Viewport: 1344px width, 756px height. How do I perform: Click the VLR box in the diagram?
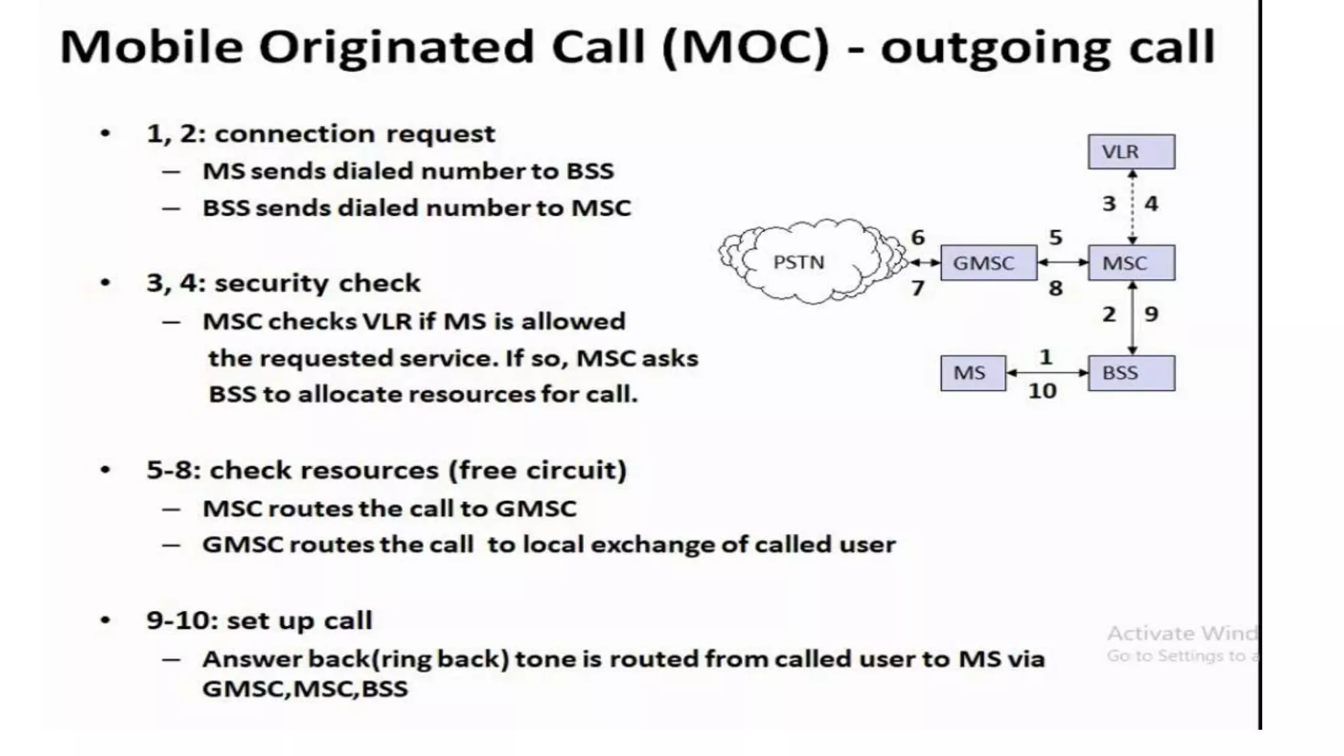pos(1131,152)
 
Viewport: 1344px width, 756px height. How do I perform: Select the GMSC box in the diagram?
pos(988,262)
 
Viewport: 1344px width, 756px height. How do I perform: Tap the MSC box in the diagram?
pos(1131,262)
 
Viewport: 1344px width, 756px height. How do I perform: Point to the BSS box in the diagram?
pos(1131,373)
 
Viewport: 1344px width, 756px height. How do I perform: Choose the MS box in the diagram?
pos(972,373)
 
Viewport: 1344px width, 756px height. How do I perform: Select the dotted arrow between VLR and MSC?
pos(1132,207)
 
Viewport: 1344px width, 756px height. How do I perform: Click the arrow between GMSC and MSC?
pos(1062,262)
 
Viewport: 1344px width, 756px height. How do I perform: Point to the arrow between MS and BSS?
pos(1047,373)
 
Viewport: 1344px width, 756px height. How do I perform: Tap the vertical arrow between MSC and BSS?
pos(1132,318)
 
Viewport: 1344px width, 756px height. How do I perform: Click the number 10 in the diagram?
pos(1042,391)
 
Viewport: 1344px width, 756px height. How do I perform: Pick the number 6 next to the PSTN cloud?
pos(917,237)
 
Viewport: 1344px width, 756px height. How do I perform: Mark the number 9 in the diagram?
pos(1151,314)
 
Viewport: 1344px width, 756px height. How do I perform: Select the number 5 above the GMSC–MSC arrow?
pos(1055,237)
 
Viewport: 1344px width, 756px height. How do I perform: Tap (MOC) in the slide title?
pos(746,47)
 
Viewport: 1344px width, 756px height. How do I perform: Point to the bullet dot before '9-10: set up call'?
pos(105,620)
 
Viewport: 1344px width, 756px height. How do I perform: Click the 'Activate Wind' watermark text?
pos(1181,633)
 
